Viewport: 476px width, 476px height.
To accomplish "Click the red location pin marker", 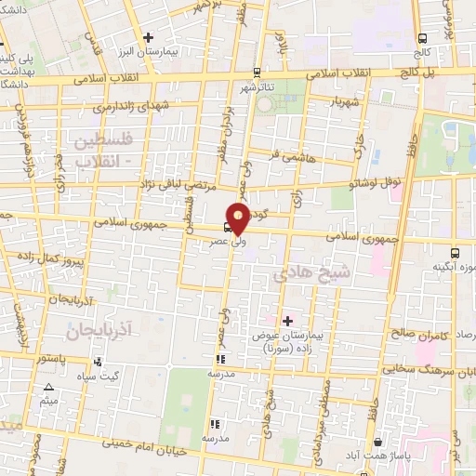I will (238, 219).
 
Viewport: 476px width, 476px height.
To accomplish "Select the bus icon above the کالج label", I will (423, 39).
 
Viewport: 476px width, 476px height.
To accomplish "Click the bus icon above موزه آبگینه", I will (456, 252).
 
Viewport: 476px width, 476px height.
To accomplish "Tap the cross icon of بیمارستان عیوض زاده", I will (287, 321).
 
